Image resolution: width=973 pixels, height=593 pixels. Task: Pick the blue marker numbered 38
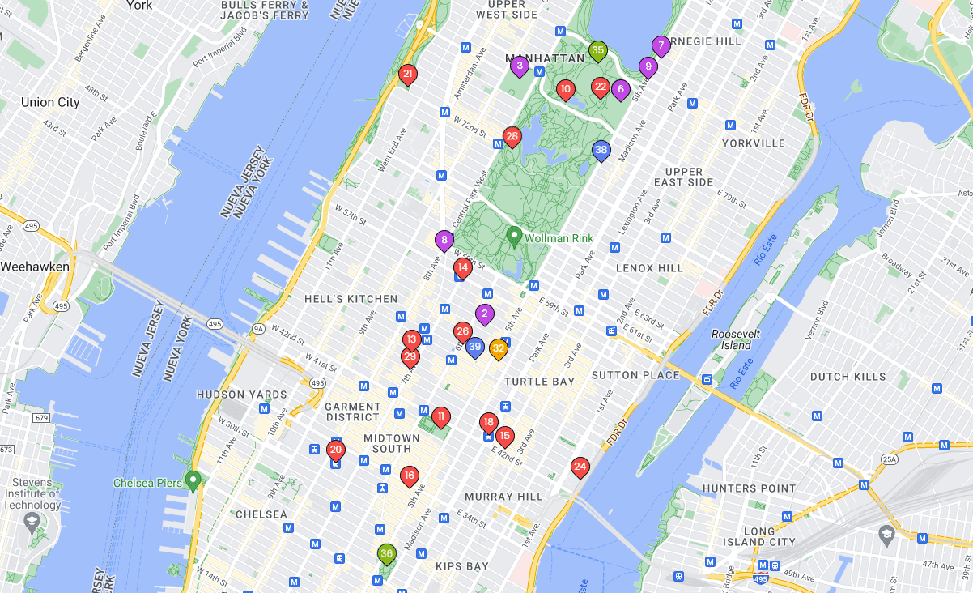(x=601, y=150)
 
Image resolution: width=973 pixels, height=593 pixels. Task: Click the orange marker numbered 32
(x=499, y=348)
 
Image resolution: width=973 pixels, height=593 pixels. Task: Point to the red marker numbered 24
(x=580, y=467)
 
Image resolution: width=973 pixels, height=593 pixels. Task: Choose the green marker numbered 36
(x=386, y=554)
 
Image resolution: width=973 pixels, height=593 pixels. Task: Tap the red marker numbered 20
(x=336, y=450)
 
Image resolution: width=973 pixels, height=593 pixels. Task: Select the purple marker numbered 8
(x=444, y=240)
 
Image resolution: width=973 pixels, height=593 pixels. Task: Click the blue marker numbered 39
(x=475, y=348)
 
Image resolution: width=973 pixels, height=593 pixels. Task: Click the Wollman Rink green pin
(x=513, y=236)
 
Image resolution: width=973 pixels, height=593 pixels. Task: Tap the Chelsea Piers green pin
(x=193, y=480)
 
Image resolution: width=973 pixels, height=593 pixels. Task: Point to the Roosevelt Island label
(x=731, y=339)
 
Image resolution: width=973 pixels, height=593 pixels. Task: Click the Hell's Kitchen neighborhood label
(x=351, y=299)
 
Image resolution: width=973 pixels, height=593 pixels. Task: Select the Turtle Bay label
(x=539, y=382)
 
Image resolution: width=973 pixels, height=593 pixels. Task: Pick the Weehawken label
(x=35, y=267)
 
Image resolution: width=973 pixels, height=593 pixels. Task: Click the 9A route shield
(x=258, y=329)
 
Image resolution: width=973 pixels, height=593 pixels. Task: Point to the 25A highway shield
(x=890, y=459)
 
